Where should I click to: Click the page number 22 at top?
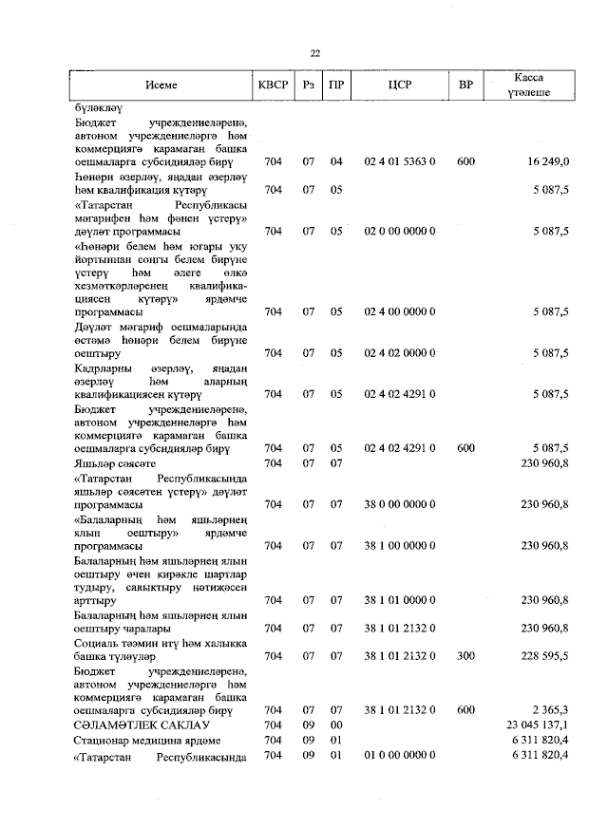pyautogui.click(x=314, y=53)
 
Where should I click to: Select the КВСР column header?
pyautogui.click(x=274, y=85)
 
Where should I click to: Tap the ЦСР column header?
pyautogui.click(x=399, y=85)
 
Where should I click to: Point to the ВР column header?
pyautogui.click(x=465, y=85)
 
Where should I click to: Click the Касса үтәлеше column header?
pyautogui.click(x=528, y=85)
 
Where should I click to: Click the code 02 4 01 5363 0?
pyautogui.click(x=399, y=162)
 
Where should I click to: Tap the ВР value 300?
pyautogui.click(x=465, y=655)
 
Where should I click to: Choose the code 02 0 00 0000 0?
pyautogui.click(x=399, y=231)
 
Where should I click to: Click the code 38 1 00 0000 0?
pyautogui.click(x=399, y=545)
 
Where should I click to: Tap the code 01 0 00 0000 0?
pyautogui.click(x=399, y=755)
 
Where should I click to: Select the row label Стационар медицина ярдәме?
pyautogui.click(x=146, y=740)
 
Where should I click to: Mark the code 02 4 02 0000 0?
pyautogui.click(x=399, y=353)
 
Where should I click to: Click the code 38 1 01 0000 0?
pyautogui.click(x=399, y=599)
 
